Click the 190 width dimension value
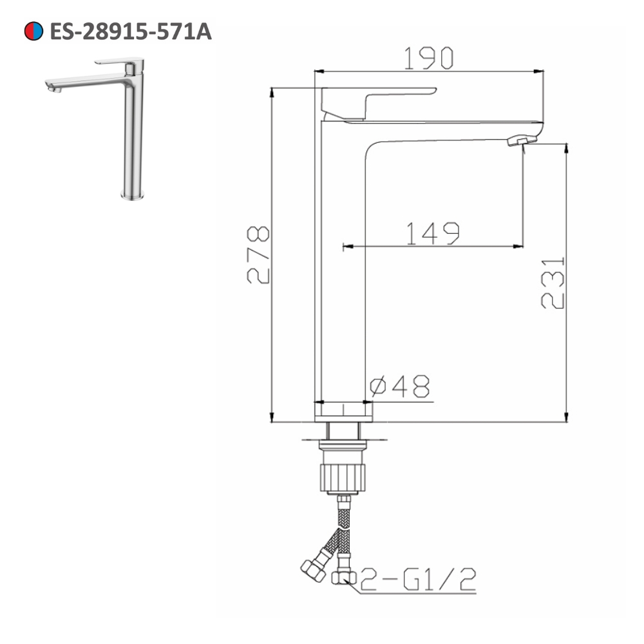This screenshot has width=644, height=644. click(x=429, y=59)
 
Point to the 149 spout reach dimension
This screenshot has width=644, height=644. click(x=432, y=233)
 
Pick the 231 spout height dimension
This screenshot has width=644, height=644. click(x=552, y=283)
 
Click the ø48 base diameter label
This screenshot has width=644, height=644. click(x=400, y=386)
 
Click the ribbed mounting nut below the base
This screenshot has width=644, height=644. click(x=344, y=474)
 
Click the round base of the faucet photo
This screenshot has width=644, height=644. click(x=133, y=194)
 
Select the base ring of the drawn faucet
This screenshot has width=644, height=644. click(x=344, y=412)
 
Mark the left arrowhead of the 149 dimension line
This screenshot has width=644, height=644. click(x=346, y=245)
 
